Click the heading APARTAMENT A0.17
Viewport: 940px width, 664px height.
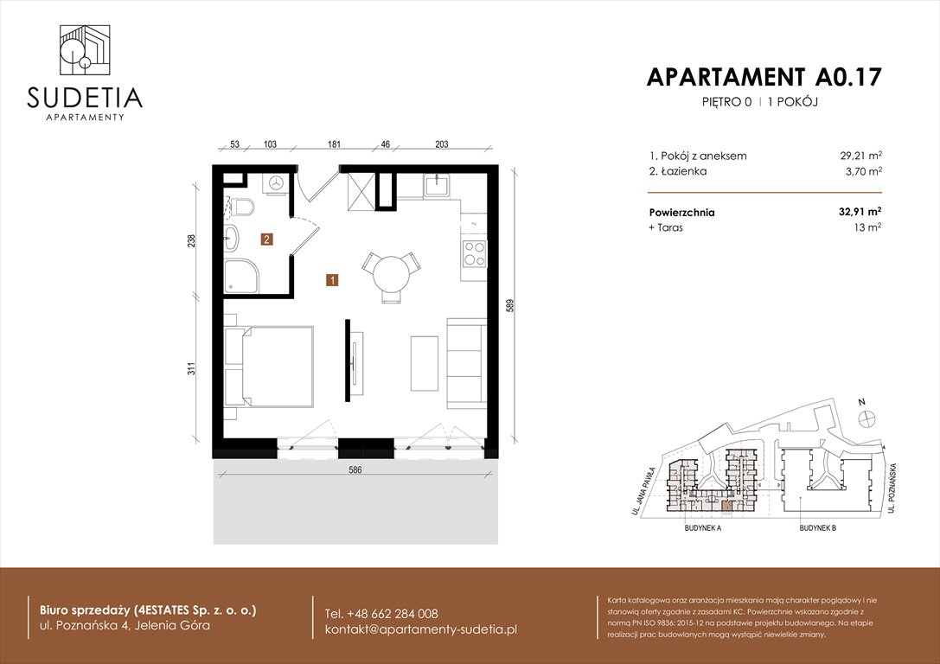point(764,77)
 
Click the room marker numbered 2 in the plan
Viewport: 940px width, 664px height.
point(267,240)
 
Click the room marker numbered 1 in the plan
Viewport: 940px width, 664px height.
point(332,279)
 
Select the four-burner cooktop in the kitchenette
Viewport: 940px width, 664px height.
point(474,252)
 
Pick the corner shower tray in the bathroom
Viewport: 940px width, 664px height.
point(238,276)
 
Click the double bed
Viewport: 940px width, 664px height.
point(270,365)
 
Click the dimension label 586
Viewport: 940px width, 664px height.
point(355,470)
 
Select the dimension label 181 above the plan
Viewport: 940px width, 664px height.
point(332,145)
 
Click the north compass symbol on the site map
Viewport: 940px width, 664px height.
point(863,418)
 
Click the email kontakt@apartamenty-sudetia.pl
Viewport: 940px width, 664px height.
point(420,629)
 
